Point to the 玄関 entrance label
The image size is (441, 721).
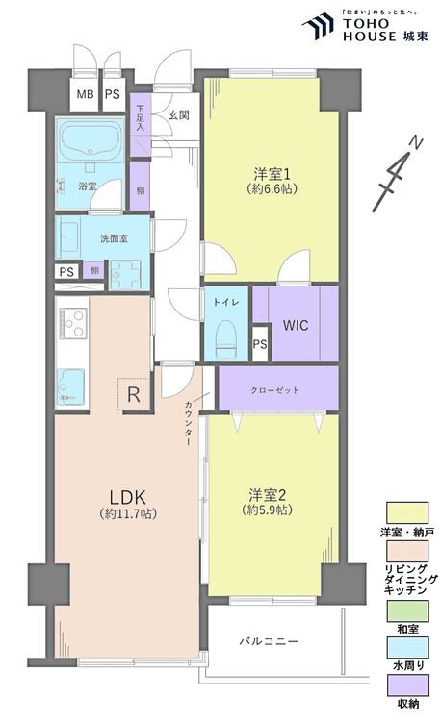[178, 114]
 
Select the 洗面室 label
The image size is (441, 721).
[113, 237]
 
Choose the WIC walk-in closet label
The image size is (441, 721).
[295, 324]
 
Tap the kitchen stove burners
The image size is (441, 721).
[73, 321]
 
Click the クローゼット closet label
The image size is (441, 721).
[277, 390]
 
